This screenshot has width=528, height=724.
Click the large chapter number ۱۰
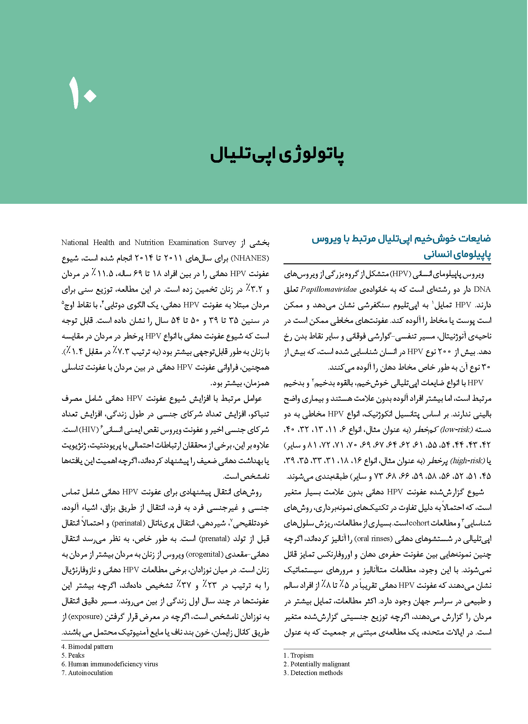[82, 93]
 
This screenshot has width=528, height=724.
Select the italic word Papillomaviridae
[329, 290]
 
